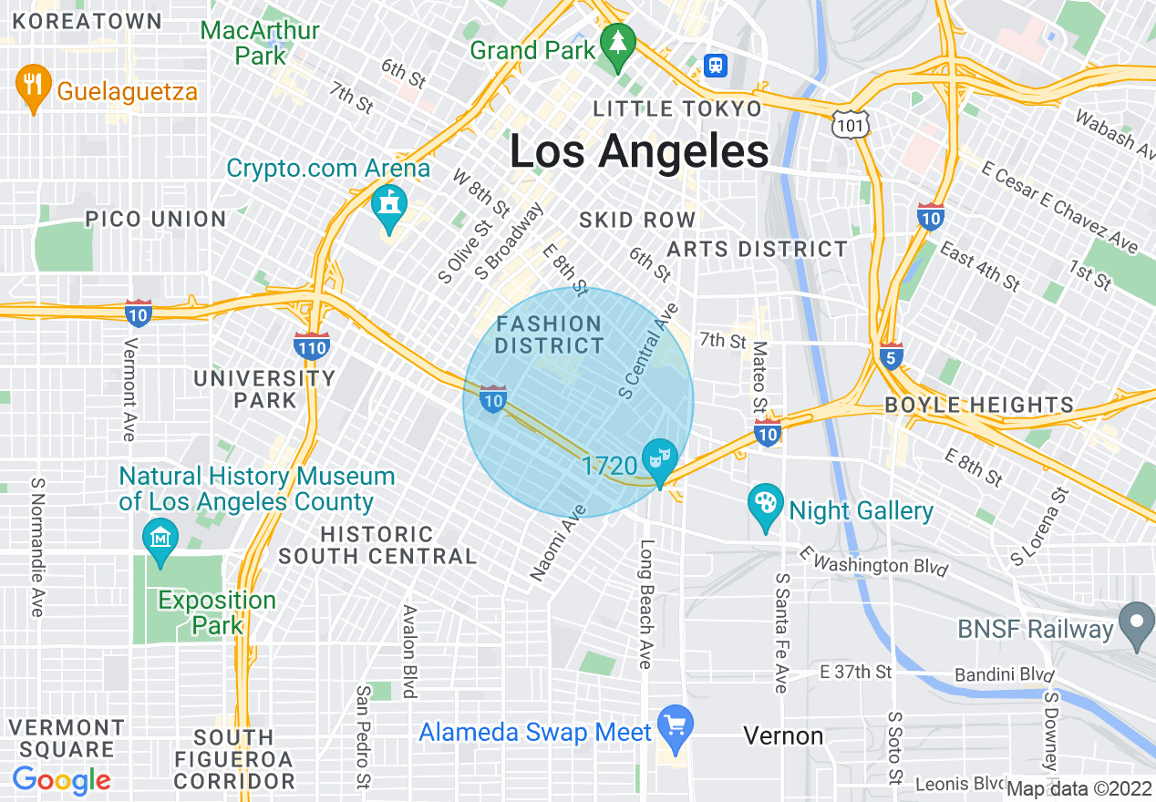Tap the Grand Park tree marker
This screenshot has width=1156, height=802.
point(618,45)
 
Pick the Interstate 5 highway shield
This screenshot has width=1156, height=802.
point(892,355)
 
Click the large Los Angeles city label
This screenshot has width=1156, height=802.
point(639,150)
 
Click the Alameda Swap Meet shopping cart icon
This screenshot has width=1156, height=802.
point(675,726)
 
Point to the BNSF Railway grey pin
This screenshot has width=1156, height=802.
point(1136,624)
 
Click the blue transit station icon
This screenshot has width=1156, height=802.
point(717,65)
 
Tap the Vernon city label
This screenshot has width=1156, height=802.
point(783,735)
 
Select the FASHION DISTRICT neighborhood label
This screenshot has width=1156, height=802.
point(549,334)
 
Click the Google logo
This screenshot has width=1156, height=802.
point(61,780)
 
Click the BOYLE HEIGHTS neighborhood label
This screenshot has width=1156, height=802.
point(979,405)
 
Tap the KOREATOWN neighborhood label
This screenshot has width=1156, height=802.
point(88,21)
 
